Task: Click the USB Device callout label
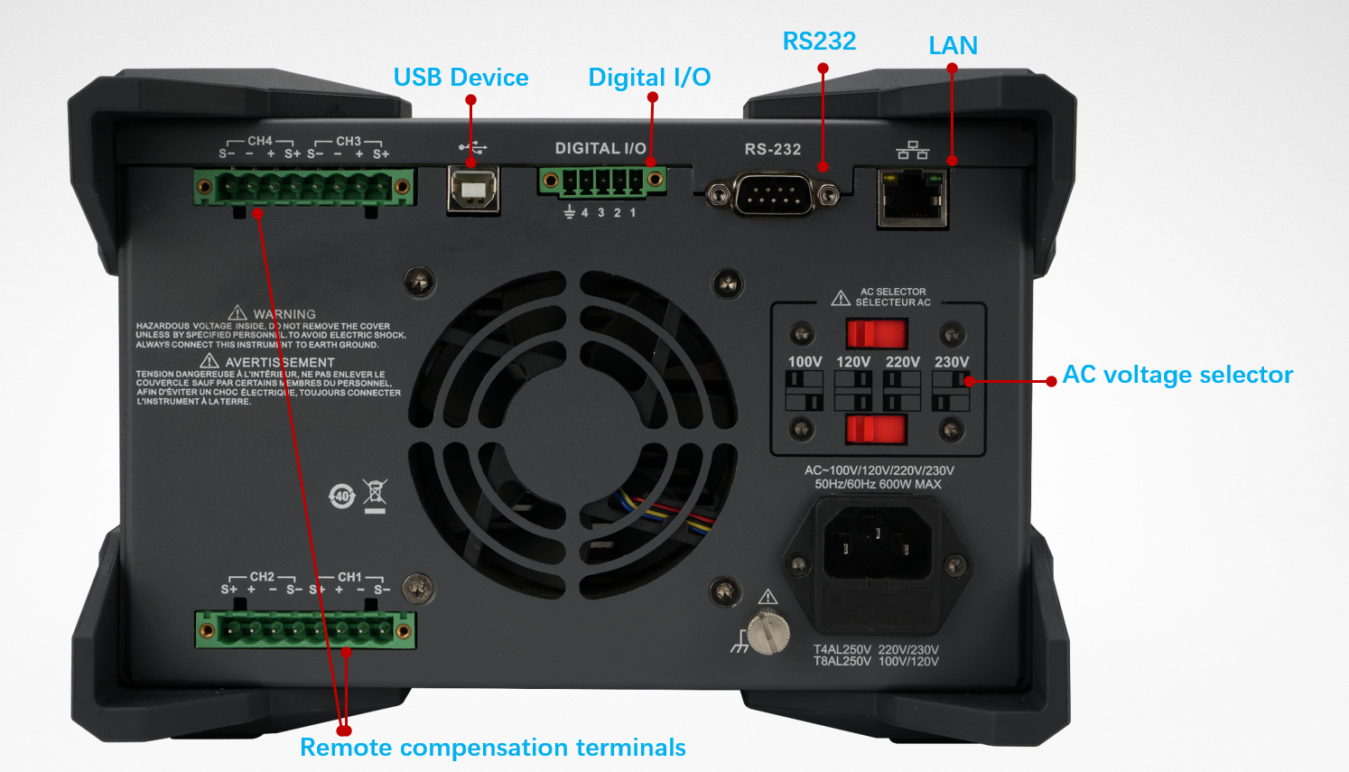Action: [461, 78]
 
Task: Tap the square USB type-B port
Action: [473, 189]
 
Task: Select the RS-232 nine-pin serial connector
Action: [772, 194]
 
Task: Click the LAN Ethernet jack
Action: [912, 199]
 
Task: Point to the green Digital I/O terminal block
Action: [602, 181]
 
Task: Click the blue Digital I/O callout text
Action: [649, 78]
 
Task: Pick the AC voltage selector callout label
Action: [1177, 375]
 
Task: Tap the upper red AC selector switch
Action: [875, 334]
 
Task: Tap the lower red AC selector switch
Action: [875, 429]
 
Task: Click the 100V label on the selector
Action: [805, 362]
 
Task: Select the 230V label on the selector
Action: [952, 362]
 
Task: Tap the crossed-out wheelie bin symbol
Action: [375, 495]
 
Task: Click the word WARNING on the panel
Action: [284, 314]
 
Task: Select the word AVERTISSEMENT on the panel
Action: [280, 362]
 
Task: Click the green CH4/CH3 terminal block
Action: [303, 188]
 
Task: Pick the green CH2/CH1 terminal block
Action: [305, 629]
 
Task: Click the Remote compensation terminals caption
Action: [493, 748]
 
